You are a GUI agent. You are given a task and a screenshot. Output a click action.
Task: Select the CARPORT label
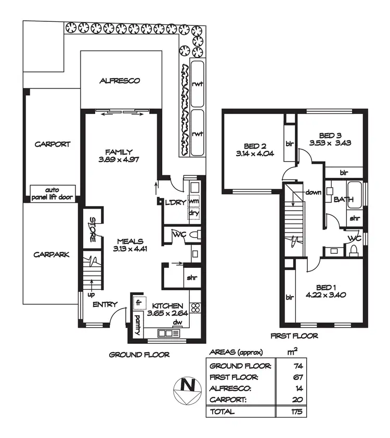click(52, 144)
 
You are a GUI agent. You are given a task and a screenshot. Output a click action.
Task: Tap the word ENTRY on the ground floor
click(105, 304)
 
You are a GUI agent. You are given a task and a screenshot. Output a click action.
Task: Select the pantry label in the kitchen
click(138, 325)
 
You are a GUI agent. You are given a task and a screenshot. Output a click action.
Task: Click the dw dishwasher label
click(177, 321)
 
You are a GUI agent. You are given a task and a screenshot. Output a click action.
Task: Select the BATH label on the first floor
click(344, 199)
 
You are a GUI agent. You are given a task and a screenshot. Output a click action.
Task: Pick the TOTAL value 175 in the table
click(297, 411)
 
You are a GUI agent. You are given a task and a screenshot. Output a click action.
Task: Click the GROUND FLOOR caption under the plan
click(139, 355)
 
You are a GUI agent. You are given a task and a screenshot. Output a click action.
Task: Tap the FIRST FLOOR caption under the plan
click(294, 336)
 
